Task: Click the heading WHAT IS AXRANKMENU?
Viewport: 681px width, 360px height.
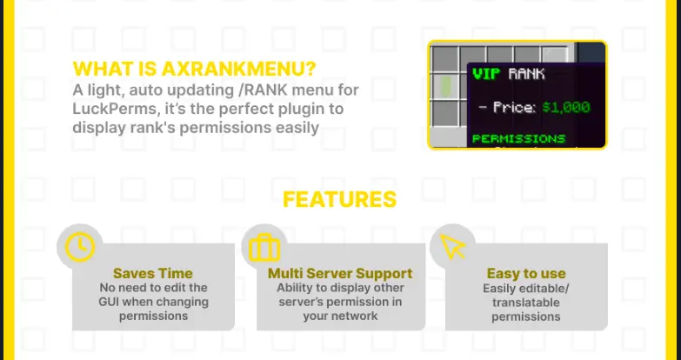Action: click(x=194, y=69)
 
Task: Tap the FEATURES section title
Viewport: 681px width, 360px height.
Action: click(x=340, y=199)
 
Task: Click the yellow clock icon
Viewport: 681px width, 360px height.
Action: click(x=79, y=247)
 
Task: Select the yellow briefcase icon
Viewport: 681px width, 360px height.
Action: click(x=264, y=248)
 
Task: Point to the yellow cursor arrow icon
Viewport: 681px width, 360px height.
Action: click(x=452, y=247)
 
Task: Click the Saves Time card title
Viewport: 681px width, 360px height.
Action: click(x=153, y=273)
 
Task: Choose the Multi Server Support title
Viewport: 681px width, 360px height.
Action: click(x=340, y=273)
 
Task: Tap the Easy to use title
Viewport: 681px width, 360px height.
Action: click(x=526, y=273)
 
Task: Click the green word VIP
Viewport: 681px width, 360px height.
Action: click(x=486, y=74)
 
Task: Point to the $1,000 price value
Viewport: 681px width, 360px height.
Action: click(x=566, y=107)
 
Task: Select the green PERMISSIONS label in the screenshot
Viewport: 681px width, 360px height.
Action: click(x=518, y=138)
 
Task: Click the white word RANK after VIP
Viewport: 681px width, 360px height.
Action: click(x=526, y=74)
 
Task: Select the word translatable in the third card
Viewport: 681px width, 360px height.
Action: click(x=525, y=303)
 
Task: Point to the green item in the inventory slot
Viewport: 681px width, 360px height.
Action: click(x=444, y=86)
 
